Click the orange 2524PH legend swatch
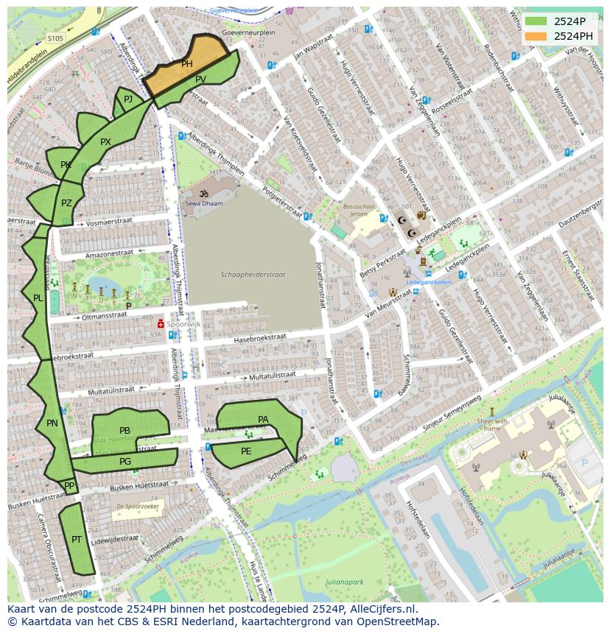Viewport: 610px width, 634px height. click(x=536, y=36)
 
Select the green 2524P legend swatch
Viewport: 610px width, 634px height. click(x=536, y=21)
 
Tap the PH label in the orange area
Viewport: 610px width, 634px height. click(x=187, y=65)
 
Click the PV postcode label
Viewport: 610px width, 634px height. click(x=200, y=79)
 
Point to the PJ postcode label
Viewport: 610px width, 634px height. click(x=128, y=99)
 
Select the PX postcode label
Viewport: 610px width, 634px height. click(x=105, y=142)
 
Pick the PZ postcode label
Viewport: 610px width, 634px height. click(x=66, y=203)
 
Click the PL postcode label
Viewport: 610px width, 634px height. click(x=38, y=298)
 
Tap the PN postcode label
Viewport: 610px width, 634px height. click(x=52, y=423)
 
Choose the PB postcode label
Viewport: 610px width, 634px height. click(x=125, y=431)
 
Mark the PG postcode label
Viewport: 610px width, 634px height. click(x=125, y=462)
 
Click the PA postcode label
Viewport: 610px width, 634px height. click(x=263, y=420)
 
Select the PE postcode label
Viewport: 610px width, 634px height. click(x=246, y=451)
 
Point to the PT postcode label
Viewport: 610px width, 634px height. click(x=77, y=540)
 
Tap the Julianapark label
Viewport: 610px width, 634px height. click(x=345, y=582)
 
